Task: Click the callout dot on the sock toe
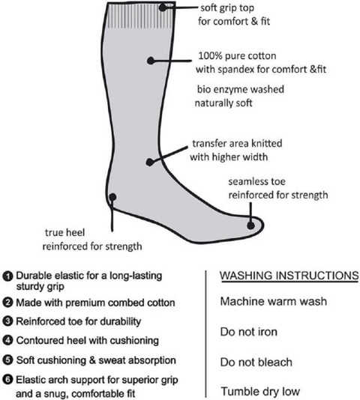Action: tap(251, 225)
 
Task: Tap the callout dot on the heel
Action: tap(112, 197)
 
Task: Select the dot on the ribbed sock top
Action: tap(163, 7)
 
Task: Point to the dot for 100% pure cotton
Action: tap(151, 61)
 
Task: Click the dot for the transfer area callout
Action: tap(150, 163)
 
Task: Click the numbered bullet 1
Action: tap(7, 276)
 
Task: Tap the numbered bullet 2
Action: tap(7, 303)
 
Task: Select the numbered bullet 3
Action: tap(7, 321)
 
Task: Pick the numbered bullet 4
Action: tap(7, 340)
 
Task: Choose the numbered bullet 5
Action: tap(7, 360)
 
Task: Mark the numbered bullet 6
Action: tap(7, 380)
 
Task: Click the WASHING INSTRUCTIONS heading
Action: tap(289, 276)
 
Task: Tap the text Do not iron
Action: tap(248, 332)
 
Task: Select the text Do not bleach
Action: tap(256, 362)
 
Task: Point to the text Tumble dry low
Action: tap(260, 392)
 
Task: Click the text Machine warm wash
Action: tap(274, 301)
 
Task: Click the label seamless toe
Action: tap(256, 181)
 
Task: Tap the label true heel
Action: tap(64, 232)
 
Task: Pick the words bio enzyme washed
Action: tap(241, 89)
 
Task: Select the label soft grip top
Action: tap(227, 8)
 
